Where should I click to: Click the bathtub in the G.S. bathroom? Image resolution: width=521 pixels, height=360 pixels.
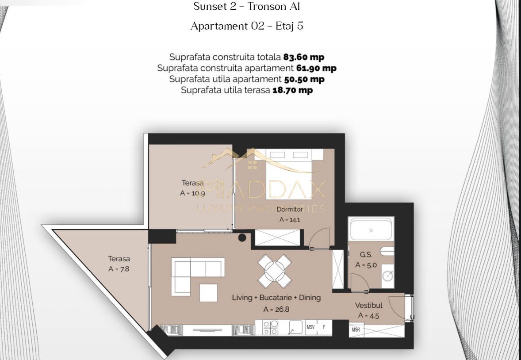[x=371, y=230]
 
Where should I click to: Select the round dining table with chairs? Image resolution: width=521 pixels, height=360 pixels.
[x=274, y=270]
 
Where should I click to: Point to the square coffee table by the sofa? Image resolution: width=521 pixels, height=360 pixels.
[x=208, y=292]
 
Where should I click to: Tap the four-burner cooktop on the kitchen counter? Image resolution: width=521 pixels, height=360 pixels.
[x=271, y=328]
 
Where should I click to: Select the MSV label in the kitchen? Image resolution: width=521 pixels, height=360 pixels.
[x=311, y=327]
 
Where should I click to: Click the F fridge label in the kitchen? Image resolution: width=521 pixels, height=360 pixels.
[x=324, y=327]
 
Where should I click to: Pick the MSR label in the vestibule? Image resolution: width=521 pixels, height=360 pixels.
[x=356, y=330]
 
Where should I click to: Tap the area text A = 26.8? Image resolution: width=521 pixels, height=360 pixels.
[x=276, y=310]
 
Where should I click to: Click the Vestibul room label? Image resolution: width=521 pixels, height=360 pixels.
[x=368, y=306]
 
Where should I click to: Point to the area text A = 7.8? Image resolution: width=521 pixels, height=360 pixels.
[x=119, y=269]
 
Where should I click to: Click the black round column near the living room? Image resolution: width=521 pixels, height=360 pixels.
[x=242, y=237]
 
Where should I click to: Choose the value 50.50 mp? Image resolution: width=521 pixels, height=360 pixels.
[x=304, y=79]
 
